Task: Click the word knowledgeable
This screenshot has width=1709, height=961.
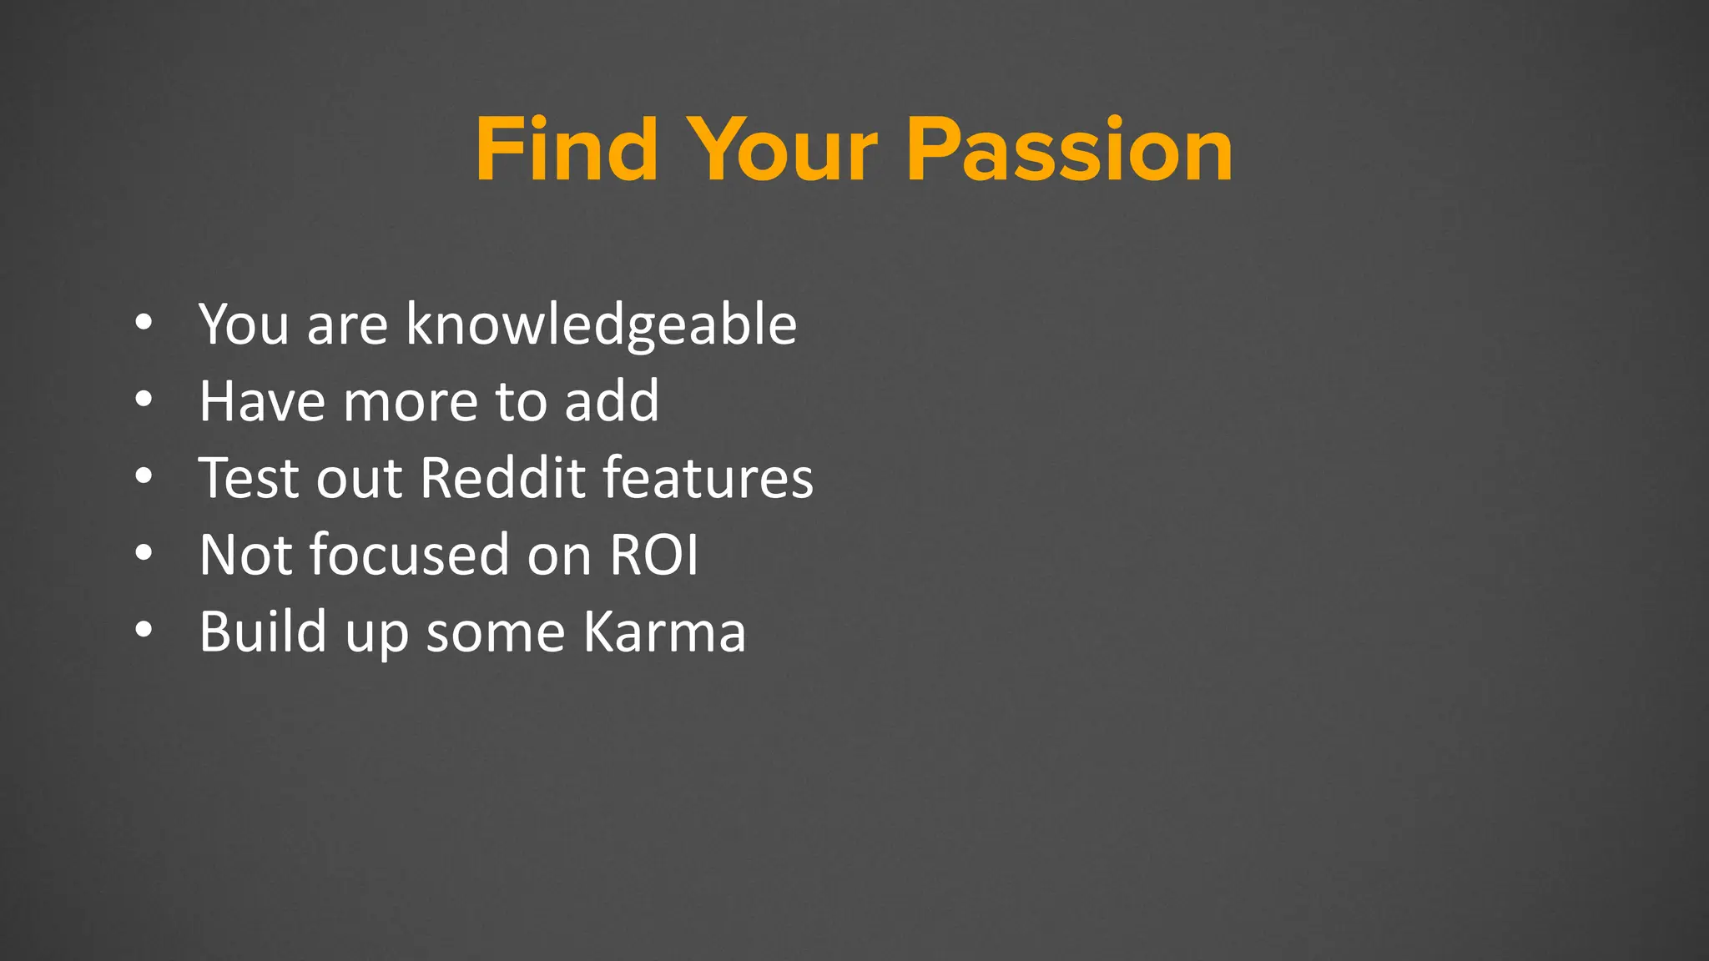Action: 601,325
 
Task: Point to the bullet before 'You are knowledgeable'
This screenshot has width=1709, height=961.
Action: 144,323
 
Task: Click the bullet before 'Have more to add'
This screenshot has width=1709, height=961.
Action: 144,400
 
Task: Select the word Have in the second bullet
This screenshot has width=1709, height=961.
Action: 262,401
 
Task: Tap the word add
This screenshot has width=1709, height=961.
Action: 612,401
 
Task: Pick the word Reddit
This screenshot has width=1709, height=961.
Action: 502,478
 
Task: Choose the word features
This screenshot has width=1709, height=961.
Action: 708,478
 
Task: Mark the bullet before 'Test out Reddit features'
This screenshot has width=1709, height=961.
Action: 144,476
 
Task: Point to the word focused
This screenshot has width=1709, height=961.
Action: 409,555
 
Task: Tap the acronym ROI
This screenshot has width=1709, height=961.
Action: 653,555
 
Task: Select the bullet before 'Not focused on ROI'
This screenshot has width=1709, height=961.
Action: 144,553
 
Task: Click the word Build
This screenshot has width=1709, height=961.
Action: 263,631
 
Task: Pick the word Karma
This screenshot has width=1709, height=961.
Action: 663,631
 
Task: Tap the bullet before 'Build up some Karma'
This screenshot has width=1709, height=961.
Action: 144,630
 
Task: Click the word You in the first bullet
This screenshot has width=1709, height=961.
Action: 243,325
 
